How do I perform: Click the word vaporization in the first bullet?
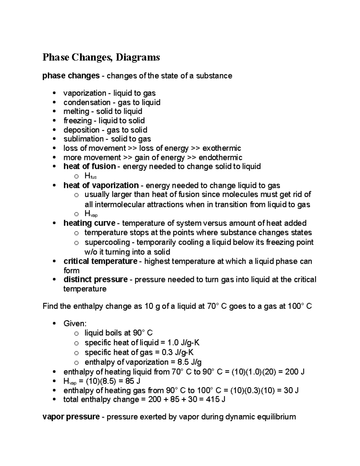(x=85, y=93)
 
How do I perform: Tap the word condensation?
(x=87, y=103)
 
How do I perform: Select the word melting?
(x=76, y=112)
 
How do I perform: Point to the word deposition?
(x=81, y=130)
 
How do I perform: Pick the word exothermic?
(x=222, y=148)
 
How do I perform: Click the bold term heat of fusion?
(x=89, y=167)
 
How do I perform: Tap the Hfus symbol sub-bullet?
(x=91, y=176)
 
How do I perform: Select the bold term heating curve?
(x=89, y=223)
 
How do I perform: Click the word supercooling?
(x=107, y=242)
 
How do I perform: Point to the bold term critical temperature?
(x=100, y=261)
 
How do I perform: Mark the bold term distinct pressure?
(x=95, y=280)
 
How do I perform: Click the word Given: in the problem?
(x=75, y=323)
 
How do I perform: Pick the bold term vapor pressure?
(x=71, y=417)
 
